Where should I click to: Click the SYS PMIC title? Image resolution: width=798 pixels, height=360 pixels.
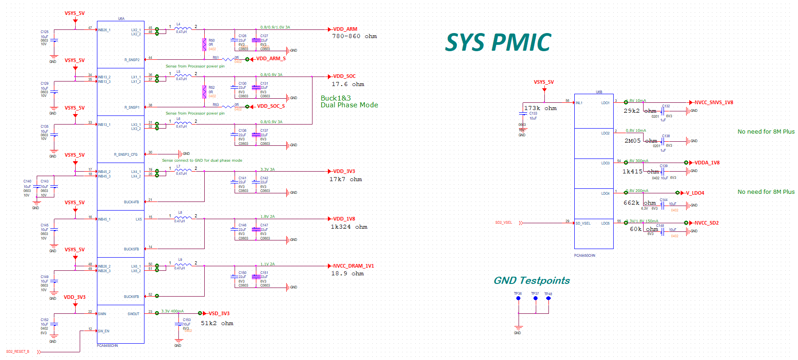point(498,43)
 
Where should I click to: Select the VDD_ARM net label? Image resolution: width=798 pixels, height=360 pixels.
point(345,29)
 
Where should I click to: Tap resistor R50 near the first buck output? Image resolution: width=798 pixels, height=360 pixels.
point(205,44)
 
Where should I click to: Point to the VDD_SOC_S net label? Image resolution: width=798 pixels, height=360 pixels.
point(271,106)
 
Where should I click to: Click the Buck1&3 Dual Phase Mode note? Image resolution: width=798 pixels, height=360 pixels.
point(349,101)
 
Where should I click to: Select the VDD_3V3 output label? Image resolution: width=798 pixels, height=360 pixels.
point(344,171)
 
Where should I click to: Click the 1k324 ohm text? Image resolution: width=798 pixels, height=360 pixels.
point(349,227)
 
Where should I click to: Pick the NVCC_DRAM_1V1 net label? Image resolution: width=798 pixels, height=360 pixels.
point(353,266)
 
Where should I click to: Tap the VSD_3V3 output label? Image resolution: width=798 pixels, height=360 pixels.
point(219,313)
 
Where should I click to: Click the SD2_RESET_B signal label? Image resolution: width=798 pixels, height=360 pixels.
point(18,351)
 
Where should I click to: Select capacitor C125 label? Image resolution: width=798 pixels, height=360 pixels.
point(44,32)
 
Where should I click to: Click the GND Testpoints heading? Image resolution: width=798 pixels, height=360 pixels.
point(531,280)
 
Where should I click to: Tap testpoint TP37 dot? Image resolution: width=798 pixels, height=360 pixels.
point(535,298)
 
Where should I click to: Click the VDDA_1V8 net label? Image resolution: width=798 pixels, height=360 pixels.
point(707,163)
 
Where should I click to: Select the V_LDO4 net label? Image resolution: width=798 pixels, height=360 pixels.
point(695,193)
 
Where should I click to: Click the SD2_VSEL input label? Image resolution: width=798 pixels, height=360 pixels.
point(503,222)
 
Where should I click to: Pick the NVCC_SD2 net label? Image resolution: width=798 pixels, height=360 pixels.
point(707,223)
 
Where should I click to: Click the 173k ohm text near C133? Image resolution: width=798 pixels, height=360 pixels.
point(540,108)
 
